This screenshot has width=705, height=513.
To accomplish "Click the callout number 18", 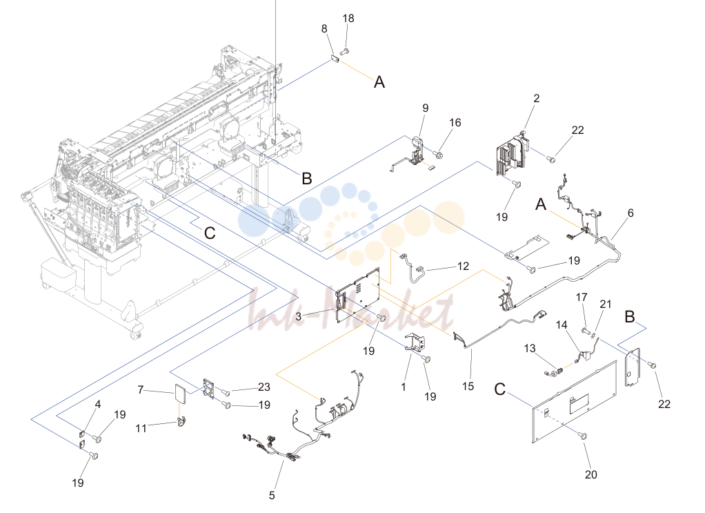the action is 348,19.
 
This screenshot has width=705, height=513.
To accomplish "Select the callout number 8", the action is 324,29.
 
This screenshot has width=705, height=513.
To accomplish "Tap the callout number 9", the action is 426,108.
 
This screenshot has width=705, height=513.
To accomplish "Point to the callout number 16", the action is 455,122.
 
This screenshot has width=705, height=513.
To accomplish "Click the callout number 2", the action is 537,98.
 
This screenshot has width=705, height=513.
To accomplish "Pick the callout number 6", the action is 630,213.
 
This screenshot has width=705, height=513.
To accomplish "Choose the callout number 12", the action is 463,266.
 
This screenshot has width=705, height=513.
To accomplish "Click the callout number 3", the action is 299,316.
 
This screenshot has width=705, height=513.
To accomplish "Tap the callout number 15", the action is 468,386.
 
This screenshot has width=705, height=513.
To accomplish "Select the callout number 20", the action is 590,474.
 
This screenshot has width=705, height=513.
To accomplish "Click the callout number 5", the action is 272,496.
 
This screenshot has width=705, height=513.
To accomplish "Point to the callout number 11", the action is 141,428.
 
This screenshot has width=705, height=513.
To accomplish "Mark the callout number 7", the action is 140,389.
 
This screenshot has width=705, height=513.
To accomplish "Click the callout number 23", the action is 264,387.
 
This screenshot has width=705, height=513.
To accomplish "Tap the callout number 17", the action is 582,297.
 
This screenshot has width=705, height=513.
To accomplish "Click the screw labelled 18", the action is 345,52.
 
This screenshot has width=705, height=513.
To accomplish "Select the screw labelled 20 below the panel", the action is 582,436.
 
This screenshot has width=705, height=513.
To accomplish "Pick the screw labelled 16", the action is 438,155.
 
